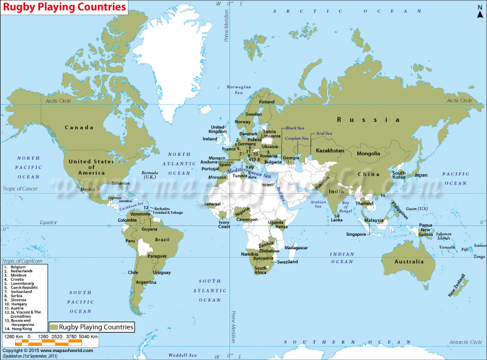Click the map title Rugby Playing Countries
[66, 7]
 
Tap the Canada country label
[80, 127]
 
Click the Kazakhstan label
[329, 150]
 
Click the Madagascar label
[296, 248]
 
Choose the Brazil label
[162, 239]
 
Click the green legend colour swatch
[52, 326]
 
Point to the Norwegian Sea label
[239, 90]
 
